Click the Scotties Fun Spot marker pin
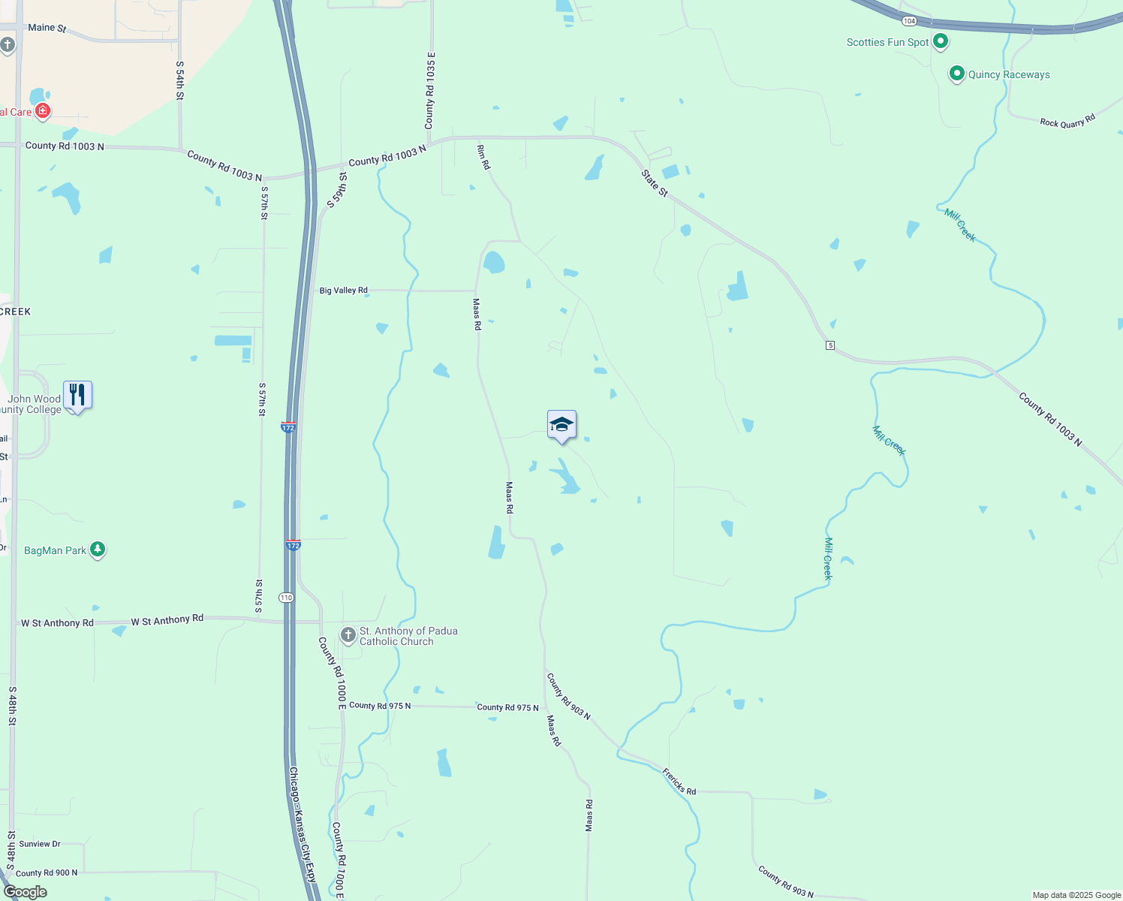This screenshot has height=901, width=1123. tap(941, 42)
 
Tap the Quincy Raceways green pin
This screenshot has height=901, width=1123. tap(956, 74)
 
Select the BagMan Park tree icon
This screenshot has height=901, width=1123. tap(97, 550)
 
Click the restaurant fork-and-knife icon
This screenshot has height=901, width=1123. tap(77, 394)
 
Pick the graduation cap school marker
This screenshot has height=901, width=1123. tap(561, 425)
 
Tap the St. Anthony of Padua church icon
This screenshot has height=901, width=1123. tap(348, 635)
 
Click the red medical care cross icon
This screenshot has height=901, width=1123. tap(43, 112)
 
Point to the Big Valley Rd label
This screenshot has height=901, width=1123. tap(344, 291)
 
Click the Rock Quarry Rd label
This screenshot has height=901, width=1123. tap(1067, 121)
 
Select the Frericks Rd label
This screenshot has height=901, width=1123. tap(679, 782)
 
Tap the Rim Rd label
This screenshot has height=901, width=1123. tap(483, 158)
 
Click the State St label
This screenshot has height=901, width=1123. tap(655, 183)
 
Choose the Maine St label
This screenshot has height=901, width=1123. tap(47, 28)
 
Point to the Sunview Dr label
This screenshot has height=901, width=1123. tap(40, 844)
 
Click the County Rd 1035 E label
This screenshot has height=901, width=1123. tap(430, 91)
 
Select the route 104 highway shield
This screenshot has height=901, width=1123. tap(909, 21)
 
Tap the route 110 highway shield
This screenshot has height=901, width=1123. tap(286, 598)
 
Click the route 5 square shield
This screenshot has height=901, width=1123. tap(830, 345)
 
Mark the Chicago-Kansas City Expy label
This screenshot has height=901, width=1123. tap(303, 824)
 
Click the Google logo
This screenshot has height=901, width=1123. tap(26, 892)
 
